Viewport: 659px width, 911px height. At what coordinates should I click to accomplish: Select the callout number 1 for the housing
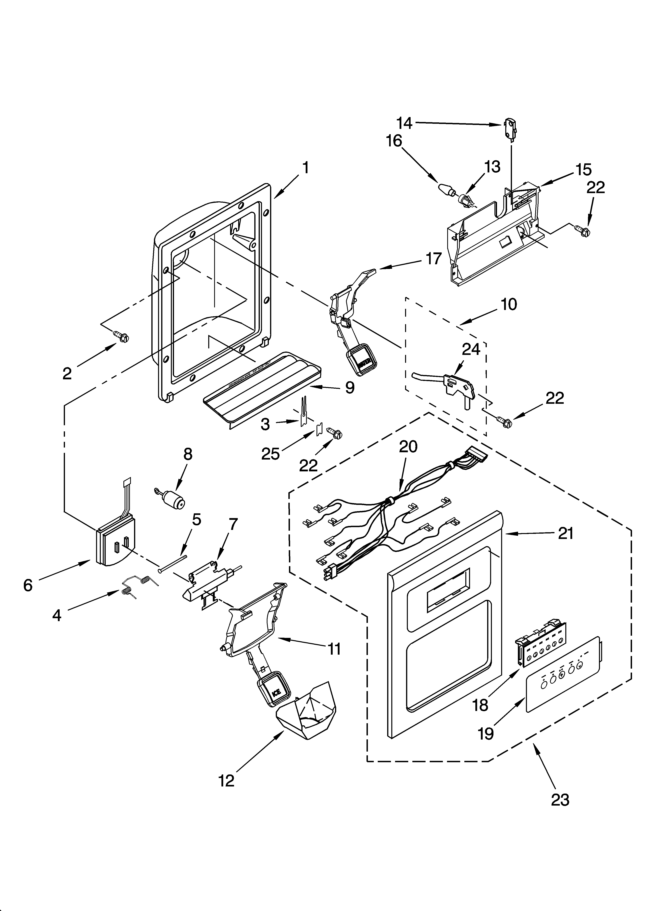pyautogui.click(x=306, y=167)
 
